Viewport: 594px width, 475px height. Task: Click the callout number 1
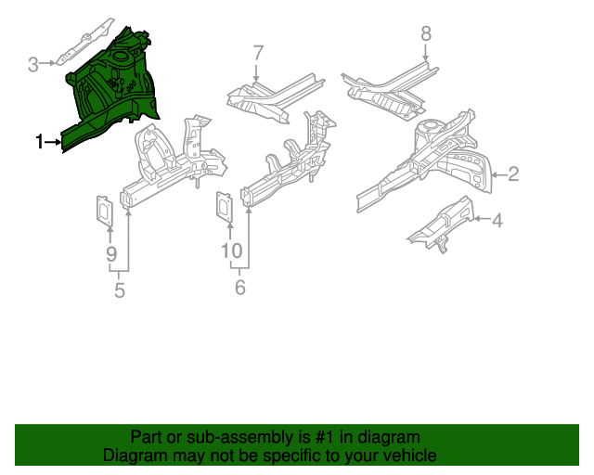(x=39, y=142)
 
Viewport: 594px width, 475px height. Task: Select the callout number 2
(x=512, y=173)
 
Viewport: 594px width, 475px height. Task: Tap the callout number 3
(x=32, y=64)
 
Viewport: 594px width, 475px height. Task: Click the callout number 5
(x=119, y=291)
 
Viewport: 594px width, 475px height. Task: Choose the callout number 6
(x=239, y=288)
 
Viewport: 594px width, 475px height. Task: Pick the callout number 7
(x=258, y=53)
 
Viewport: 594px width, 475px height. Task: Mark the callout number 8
(x=426, y=33)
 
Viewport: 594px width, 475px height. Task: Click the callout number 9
(x=110, y=253)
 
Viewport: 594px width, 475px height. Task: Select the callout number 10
(x=231, y=250)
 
